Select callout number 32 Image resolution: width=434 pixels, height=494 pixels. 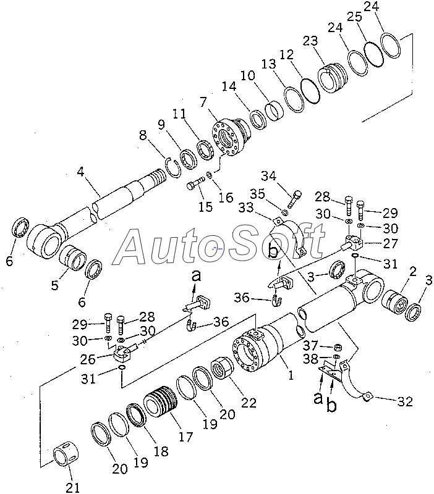tap(405, 402)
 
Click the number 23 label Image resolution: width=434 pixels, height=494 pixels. tap(310, 41)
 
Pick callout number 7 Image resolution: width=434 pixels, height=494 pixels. tap(202, 101)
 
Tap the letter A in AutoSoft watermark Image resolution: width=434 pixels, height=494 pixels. tap(137, 247)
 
